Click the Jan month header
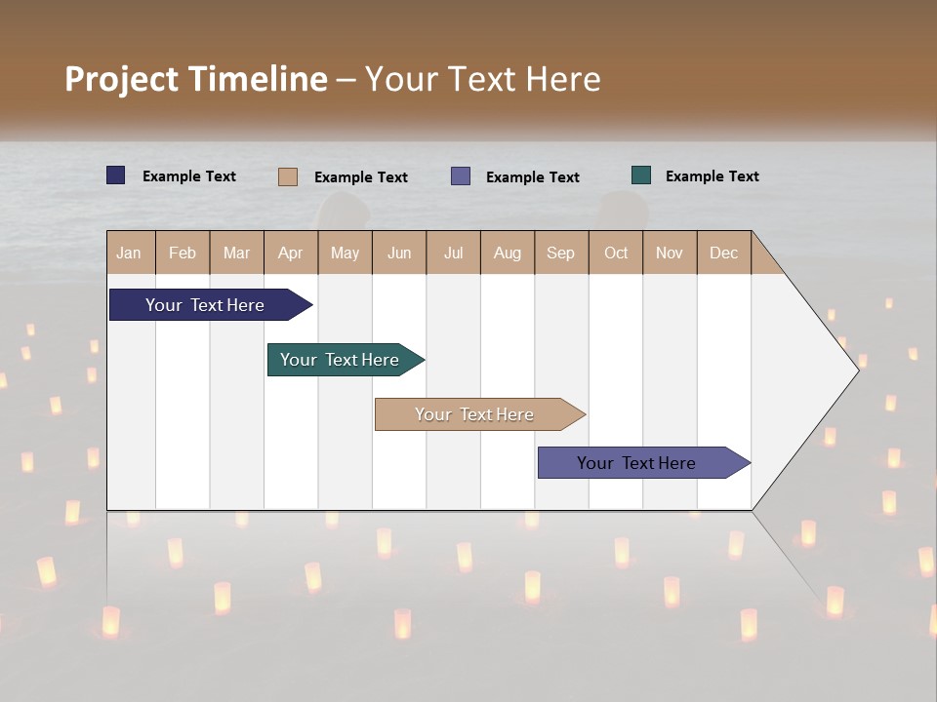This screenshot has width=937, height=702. (130, 253)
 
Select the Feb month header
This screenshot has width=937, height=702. (183, 253)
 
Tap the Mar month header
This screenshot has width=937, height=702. (236, 253)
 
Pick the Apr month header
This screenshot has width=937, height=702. (291, 253)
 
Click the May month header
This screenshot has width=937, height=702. (345, 253)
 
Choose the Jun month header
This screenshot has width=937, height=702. (399, 253)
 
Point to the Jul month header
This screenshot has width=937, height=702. (453, 253)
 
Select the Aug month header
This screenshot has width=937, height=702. (508, 253)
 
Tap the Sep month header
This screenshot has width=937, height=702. (561, 253)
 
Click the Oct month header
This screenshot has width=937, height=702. (616, 253)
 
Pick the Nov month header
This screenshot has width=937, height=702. (670, 253)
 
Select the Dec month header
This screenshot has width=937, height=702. (724, 253)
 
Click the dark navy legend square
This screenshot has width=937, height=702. (116, 175)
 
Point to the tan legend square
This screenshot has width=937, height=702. (288, 176)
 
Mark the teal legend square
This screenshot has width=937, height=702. (641, 175)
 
